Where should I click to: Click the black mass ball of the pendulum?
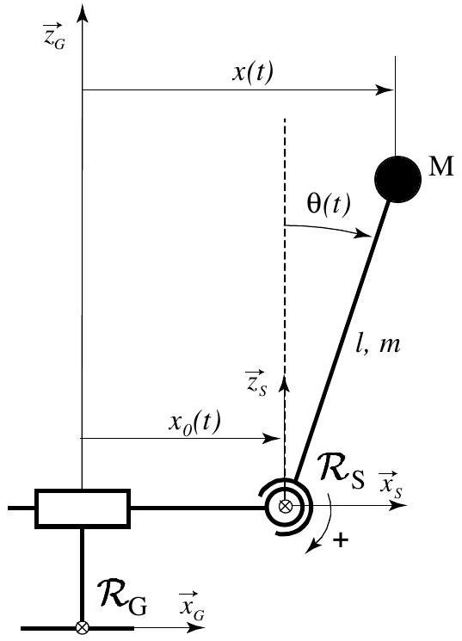397,179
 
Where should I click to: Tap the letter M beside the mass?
441,167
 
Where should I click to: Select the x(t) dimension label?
253,74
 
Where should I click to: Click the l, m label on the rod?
378,345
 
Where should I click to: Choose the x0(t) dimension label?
194,422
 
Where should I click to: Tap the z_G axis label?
54,36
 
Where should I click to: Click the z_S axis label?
256,384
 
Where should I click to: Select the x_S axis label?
390,485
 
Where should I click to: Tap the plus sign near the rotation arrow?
341,540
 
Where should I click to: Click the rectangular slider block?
83,508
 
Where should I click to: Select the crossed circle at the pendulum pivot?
285,507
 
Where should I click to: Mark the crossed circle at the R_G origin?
83,627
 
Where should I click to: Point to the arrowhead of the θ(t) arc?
363,234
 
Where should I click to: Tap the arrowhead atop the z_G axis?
83,13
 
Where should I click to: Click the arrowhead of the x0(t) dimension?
272,439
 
